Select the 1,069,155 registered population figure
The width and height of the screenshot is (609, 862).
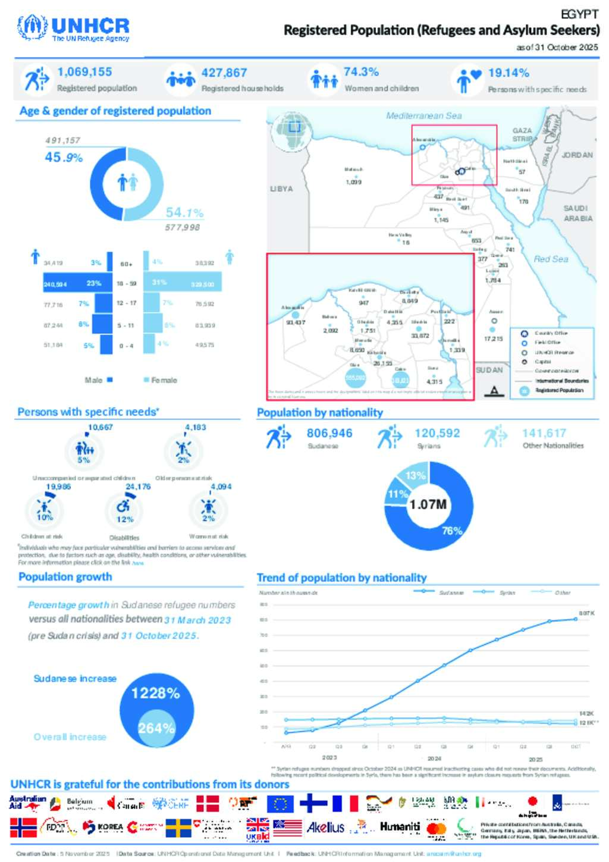pos(84,72)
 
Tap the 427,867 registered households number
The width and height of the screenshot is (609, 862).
pos(224,73)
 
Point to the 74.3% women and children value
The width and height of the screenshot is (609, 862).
pos(361,72)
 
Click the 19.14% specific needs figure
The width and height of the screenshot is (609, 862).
pos(508,73)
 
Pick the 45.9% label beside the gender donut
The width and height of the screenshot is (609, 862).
pos(64,158)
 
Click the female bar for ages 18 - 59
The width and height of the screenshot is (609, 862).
pos(183,283)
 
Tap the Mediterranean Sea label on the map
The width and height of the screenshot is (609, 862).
pos(423,116)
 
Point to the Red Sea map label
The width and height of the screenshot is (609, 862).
pos(551,259)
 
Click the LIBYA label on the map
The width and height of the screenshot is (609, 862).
pos(281,189)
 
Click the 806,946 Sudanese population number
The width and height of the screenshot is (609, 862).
pos(329,434)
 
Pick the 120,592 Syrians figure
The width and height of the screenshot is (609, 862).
pos(437,434)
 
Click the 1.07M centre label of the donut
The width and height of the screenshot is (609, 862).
pos(428,504)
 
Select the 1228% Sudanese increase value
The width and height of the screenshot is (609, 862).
pos(155,694)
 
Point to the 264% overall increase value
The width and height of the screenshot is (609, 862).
pos(156,728)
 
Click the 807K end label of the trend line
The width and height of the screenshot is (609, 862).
pos(586,613)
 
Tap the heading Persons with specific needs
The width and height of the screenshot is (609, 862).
pos(88,412)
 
